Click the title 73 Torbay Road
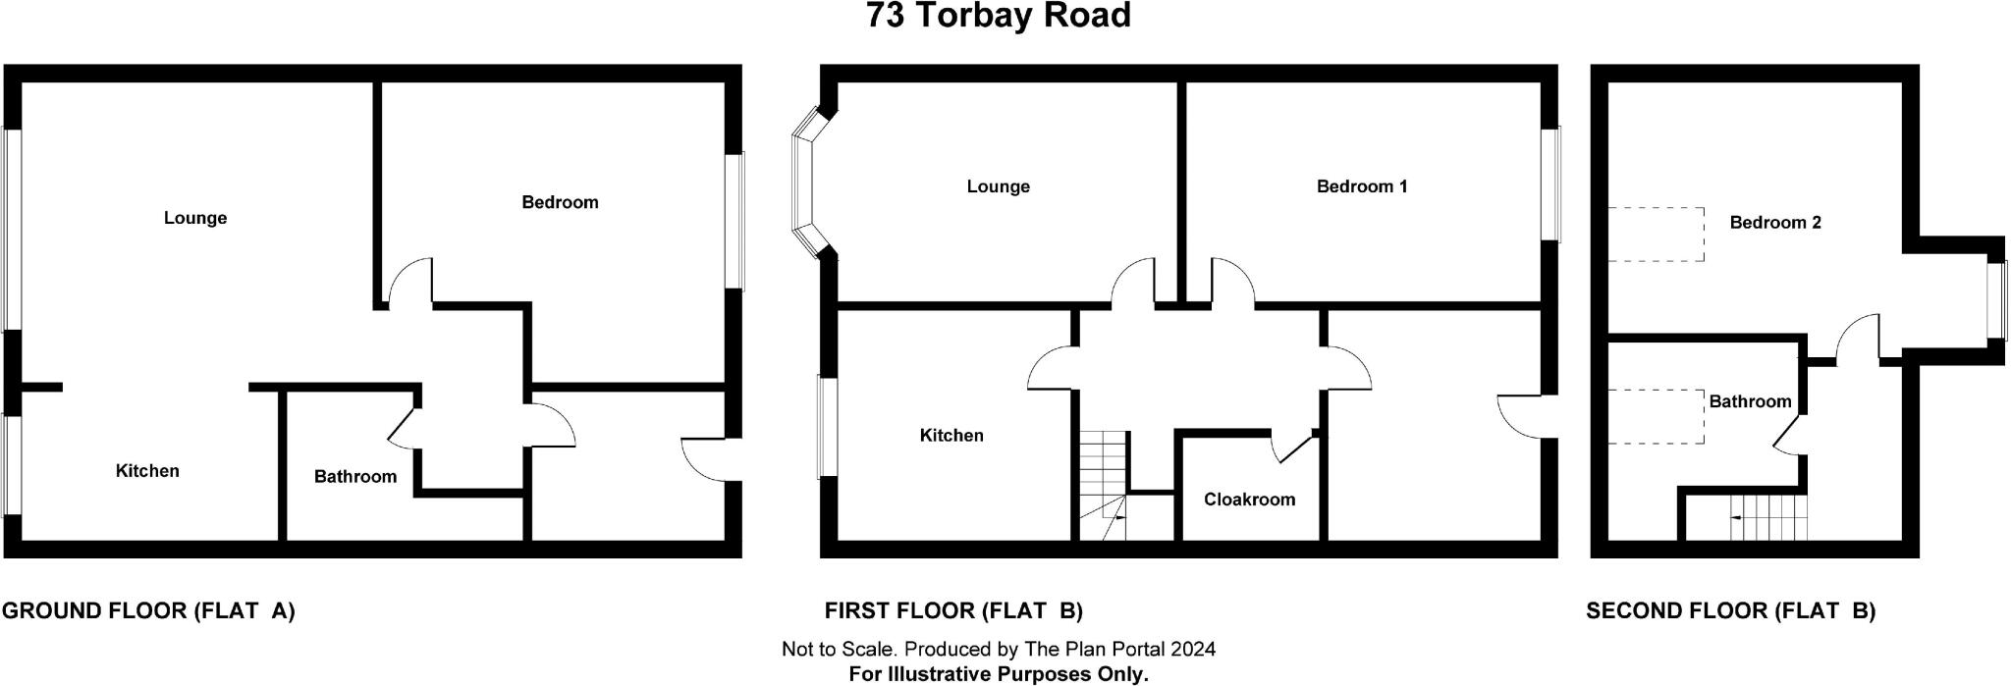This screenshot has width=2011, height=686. click(x=999, y=16)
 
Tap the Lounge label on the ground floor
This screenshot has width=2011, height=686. click(x=195, y=218)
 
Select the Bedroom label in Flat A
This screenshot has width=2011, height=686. click(x=560, y=202)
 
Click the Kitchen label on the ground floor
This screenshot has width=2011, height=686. click(x=147, y=471)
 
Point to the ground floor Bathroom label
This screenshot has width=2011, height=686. click(x=355, y=477)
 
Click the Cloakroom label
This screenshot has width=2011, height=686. click(x=1249, y=500)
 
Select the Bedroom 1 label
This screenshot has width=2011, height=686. click(x=1362, y=186)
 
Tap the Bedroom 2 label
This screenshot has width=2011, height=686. click(x=1775, y=223)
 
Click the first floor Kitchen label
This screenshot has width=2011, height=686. click(x=951, y=436)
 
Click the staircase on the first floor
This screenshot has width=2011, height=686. click(x=1103, y=486)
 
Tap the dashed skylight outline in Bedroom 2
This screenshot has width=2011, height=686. click(x=1656, y=234)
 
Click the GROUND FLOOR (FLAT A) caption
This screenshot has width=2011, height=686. click(x=148, y=611)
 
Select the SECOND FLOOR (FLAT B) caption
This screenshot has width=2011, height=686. click(x=1731, y=611)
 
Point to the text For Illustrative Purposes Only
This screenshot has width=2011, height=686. click(x=998, y=674)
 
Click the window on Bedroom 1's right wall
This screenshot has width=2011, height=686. click(x=1550, y=184)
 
